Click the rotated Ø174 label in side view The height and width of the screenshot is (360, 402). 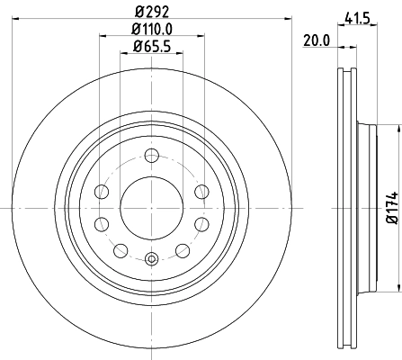tap(392, 206)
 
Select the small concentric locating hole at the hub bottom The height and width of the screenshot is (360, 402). tap(151, 260)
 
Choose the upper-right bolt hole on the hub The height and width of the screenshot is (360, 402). tap(201, 192)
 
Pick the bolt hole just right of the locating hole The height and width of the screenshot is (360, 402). tap(182, 249)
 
